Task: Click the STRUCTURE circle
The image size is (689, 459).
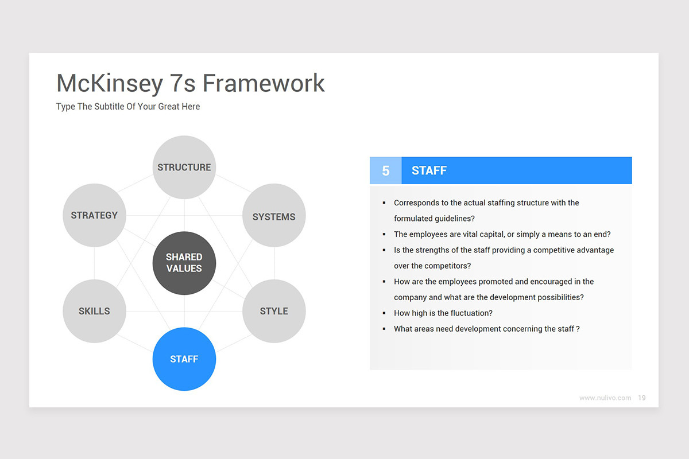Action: click(x=184, y=167)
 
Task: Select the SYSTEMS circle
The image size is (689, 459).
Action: click(x=274, y=216)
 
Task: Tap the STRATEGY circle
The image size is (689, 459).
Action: click(x=94, y=215)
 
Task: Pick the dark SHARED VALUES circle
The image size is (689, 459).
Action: click(x=184, y=263)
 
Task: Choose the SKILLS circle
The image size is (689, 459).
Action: click(x=94, y=311)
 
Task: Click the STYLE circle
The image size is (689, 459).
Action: click(x=274, y=311)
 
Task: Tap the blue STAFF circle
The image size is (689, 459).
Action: click(x=184, y=359)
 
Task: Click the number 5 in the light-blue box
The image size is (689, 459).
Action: click(x=386, y=170)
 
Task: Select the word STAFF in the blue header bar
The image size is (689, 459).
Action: click(x=429, y=170)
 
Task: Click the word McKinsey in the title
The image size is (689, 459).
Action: click(x=110, y=83)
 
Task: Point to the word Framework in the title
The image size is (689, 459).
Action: click(x=264, y=83)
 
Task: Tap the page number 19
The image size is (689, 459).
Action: click(x=642, y=398)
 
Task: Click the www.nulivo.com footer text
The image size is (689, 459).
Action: click(x=605, y=398)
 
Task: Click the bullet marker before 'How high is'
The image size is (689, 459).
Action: click(x=384, y=313)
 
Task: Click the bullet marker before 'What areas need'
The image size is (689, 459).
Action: click(x=384, y=329)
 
